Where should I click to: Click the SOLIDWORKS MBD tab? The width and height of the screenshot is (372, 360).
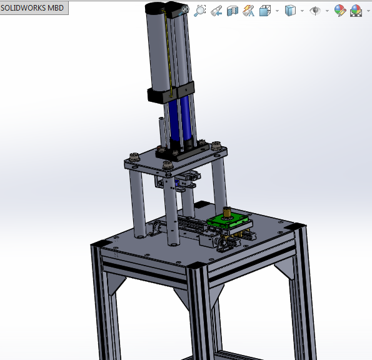tap(33, 8)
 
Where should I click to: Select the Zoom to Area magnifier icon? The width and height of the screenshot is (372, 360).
tap(200, 11)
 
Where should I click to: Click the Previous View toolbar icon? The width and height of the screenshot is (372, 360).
tap(216, 11)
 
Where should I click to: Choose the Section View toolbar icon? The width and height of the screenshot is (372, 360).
tap(233, 11)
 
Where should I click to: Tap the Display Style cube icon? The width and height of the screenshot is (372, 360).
tap(289, 11)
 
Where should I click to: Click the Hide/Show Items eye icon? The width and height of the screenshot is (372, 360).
tap(315, 11)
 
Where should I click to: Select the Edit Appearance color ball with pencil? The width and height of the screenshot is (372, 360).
tap(339, 11)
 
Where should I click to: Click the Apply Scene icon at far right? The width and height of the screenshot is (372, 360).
tap(356, 11)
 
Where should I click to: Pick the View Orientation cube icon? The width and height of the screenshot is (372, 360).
tap(264, 11)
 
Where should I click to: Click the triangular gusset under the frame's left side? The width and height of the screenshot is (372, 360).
tap(112, 284)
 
